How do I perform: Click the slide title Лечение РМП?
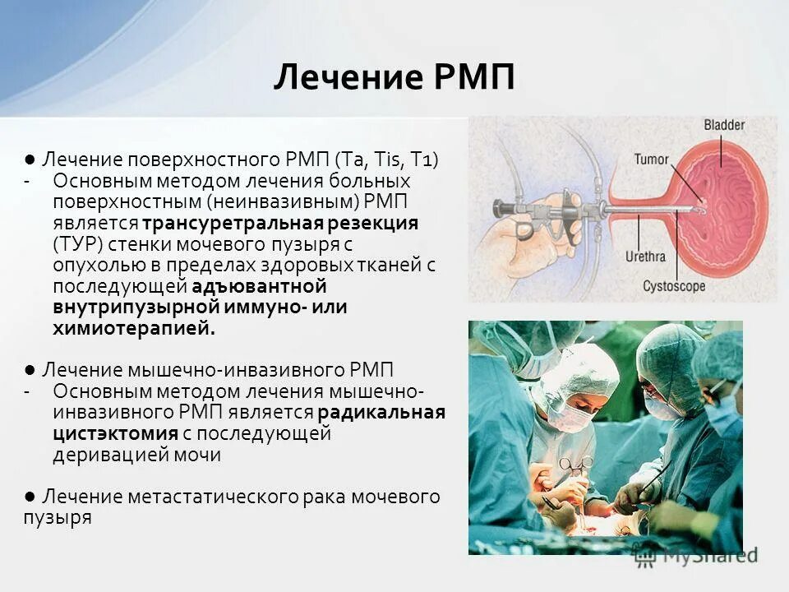click(x=394, y=79)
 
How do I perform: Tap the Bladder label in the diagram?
click(x=723, y=125)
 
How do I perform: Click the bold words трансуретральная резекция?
click(x=280, y=223)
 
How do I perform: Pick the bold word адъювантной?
click(x=260, y=286)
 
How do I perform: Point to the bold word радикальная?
click(x=381, y=412)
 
